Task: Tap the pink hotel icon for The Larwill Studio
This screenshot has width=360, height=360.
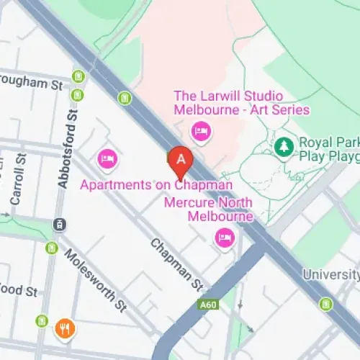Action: pos(200,131)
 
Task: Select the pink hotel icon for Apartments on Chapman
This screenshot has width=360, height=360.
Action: pos(107,158)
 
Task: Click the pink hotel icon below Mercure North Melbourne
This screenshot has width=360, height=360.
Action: pos(225,238)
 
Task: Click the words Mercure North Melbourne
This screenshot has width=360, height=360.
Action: pos(209,210)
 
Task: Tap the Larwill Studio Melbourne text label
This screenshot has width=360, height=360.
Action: pos(241,103)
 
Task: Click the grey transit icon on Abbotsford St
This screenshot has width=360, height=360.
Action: pos(58,225)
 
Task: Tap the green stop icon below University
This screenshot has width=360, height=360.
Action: pos(326,304)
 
